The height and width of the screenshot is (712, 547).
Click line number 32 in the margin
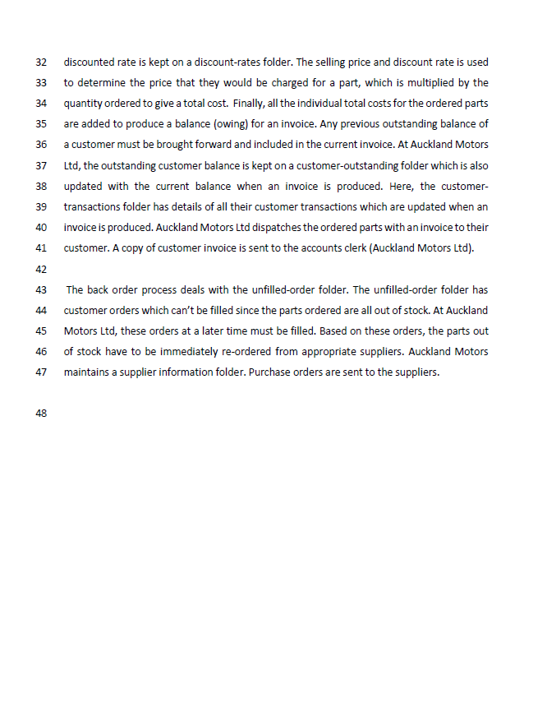pos(42,62)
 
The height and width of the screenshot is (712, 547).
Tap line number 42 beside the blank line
pos(42,268)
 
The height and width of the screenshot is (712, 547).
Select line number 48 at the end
pos(42,414)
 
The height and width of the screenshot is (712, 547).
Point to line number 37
pos(42,165)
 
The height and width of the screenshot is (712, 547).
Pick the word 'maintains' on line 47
pos(87,372)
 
